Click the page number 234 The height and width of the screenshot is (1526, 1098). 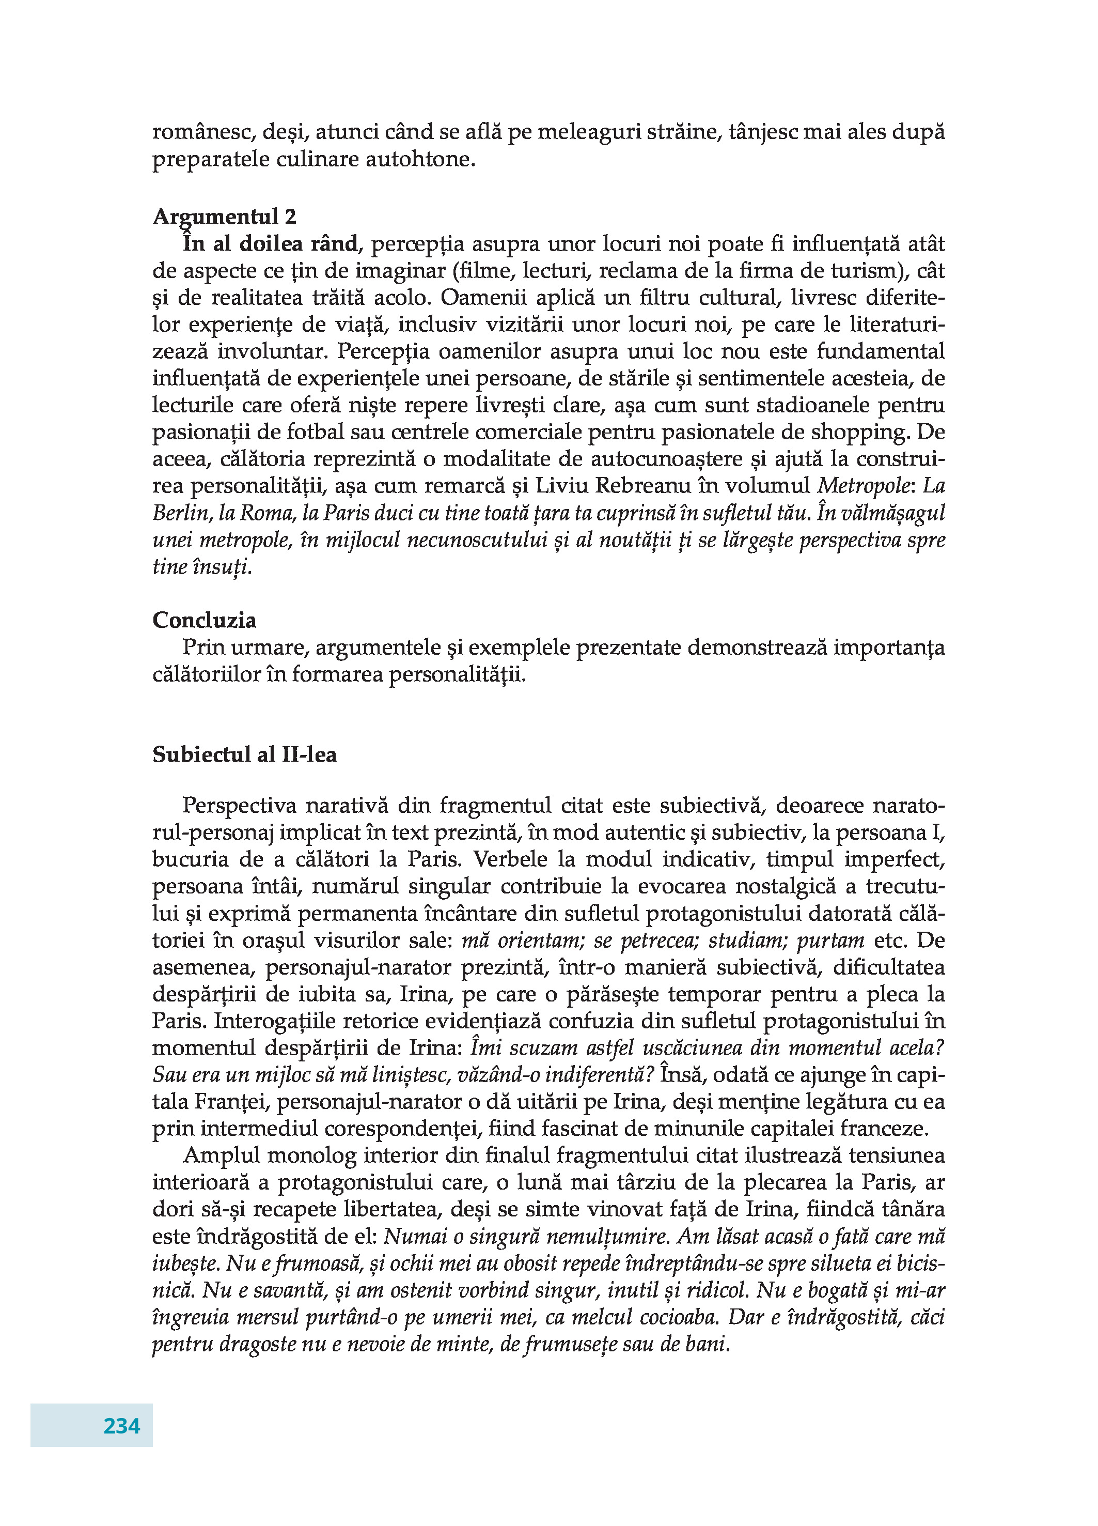pos(122,1425)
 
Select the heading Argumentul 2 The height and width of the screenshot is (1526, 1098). pos(225,217)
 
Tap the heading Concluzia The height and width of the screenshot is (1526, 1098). pos(205,620)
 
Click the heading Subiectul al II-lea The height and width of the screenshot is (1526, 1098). pos(245,754)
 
